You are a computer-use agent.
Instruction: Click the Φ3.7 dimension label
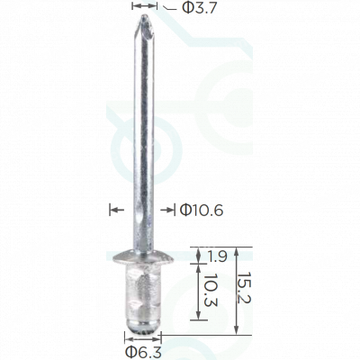200,8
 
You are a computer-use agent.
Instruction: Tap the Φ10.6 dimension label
202,211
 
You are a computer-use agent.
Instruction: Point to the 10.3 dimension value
211,290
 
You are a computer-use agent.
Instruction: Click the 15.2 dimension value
245,288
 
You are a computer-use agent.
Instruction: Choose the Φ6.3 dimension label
143,352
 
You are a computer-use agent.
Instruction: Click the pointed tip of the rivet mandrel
144,15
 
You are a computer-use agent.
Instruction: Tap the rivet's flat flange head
143,257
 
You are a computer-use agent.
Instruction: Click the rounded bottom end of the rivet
143,327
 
